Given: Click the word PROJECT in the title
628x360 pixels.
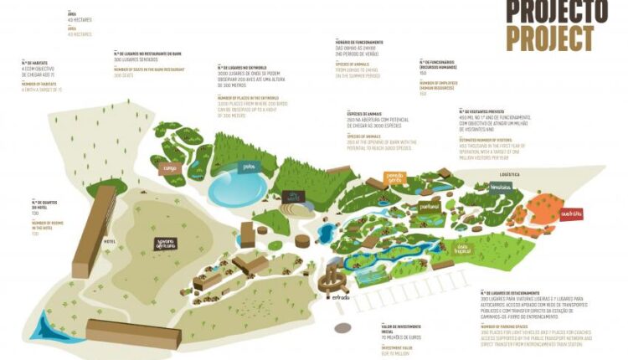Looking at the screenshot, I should [x=550, y=38].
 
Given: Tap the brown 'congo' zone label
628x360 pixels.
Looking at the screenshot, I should [x=170, y=168].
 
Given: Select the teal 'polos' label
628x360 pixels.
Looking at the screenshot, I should [x=249, y=166].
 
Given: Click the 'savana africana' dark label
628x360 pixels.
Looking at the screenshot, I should [x=170, y=244].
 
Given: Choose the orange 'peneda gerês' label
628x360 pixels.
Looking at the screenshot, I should [x=395, y=177].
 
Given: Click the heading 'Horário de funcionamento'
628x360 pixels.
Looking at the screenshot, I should [x=359, y=42].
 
